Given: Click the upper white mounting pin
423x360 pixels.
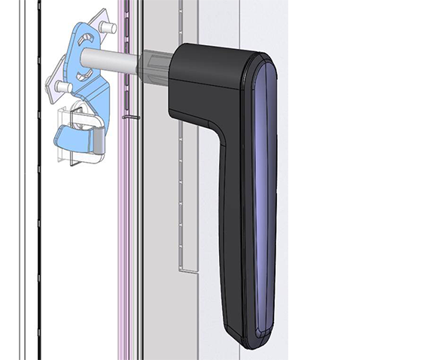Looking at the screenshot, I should point(108,28).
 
